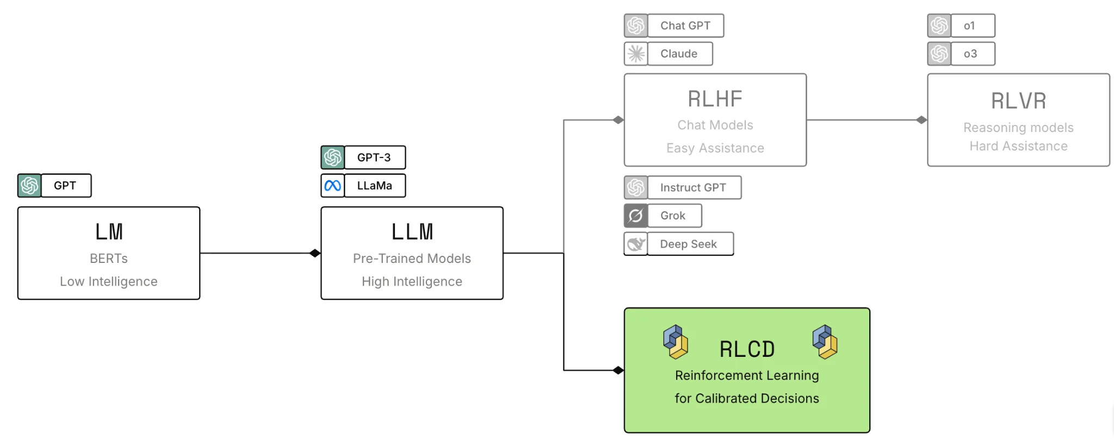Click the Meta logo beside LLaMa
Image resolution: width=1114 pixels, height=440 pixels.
332,186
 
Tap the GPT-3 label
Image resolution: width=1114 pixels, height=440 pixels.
374,158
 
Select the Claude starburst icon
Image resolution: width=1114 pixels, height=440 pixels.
636,54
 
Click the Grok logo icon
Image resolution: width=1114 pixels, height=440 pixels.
636,216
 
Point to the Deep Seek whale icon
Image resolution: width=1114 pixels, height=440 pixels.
636,244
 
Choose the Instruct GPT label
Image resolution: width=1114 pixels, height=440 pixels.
693,187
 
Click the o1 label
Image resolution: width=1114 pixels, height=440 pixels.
969,26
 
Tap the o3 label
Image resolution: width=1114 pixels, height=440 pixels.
970,54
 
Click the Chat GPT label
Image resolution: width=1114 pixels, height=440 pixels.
685,26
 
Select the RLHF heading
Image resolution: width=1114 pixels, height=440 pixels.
715,99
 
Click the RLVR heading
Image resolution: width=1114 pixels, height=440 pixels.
1018,100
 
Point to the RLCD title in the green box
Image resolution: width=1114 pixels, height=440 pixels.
747,349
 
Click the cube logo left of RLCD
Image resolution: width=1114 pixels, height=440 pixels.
676,342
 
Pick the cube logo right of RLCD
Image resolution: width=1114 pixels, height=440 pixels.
825,342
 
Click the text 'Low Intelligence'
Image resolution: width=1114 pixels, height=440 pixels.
109,281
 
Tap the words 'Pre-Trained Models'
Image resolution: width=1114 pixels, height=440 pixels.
412,259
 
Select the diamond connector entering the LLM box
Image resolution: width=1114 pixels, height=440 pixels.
315,253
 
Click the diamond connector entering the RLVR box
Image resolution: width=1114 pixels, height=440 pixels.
921,120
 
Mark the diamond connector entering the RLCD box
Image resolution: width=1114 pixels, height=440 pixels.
618,370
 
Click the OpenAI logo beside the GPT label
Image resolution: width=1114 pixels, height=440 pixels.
29,186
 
